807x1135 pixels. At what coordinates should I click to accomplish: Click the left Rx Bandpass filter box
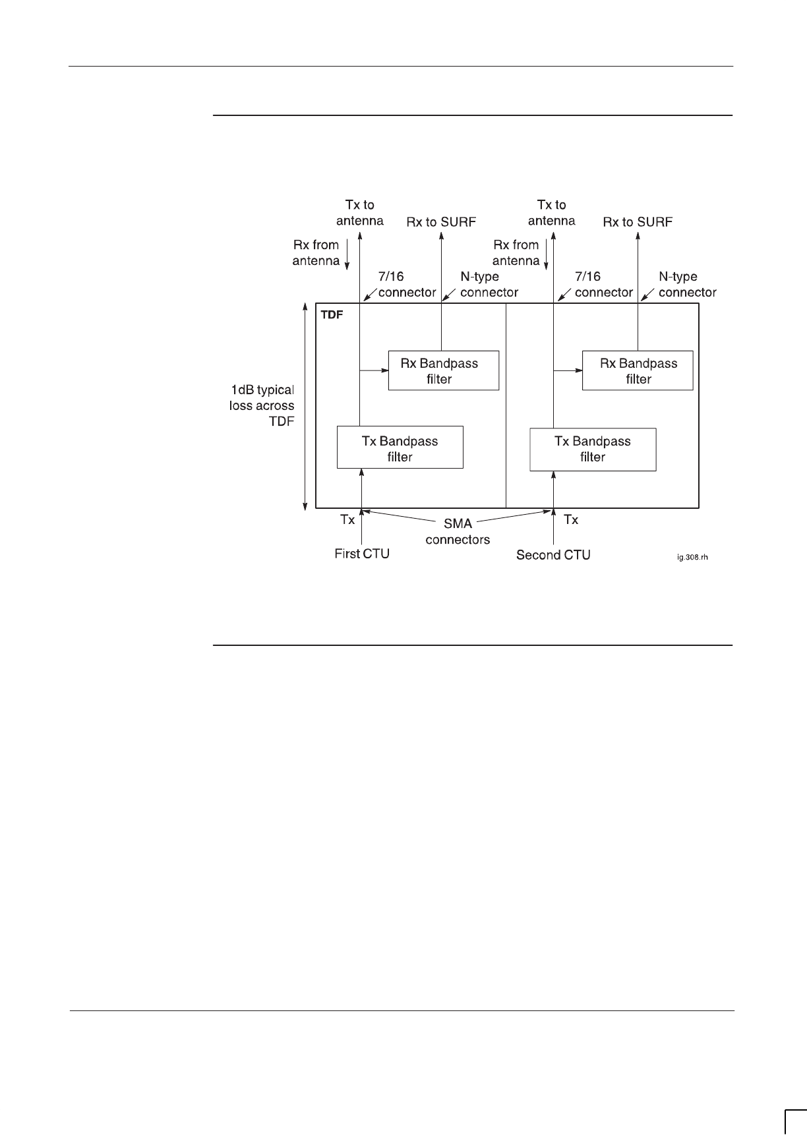pyautogui.click(x=443, y=370)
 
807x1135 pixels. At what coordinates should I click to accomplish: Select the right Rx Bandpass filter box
pyautogui.click(x=638, y=370)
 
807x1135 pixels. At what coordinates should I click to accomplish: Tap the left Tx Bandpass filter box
pyautogui.click(x=400, y=448)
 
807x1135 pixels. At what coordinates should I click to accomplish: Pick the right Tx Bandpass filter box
pyautogui.click(x=593, y=450)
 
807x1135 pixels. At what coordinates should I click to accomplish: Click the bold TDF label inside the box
pyautogui.click(x=332, y=314)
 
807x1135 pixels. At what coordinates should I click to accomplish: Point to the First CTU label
pyautogui.click(x=362, y=554)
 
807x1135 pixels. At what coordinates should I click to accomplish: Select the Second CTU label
pyautogui.click(x=553, y=555)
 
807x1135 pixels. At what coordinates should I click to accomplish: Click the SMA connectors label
pyautogui.click(x=458, y=532)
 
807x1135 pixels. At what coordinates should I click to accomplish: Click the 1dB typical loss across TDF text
pyautogui.click(x=262, y=405)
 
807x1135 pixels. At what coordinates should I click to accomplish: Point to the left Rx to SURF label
pyautogui.click(x=441, y=222)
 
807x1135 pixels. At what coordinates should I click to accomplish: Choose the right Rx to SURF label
pyautogui.click(x=638, y=222)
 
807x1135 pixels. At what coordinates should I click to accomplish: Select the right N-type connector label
pyautogui.click(x=687, y=284)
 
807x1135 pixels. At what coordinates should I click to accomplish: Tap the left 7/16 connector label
pyautogui.click(x=406, y=284)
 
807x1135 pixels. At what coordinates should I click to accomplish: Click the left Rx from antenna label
pyautogui.click(x=316, y=252)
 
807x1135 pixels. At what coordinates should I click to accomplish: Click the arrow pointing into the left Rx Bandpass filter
pyautogui.click(x=373, y=371)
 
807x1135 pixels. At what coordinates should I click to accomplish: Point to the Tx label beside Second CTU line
pyautogui.click(x=571, y=519)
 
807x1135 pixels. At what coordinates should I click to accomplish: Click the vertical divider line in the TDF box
pyautogui.click(x=506, y=405)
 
